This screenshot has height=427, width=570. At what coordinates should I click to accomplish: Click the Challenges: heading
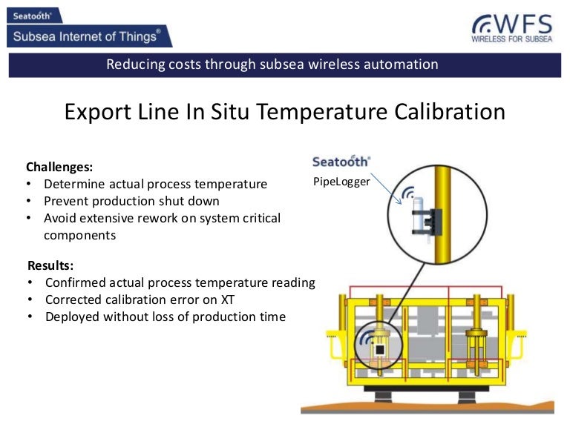coord(59,167)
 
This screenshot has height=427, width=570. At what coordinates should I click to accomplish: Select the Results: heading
coord(51,265)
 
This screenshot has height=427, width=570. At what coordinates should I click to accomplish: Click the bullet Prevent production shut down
coord(131,201)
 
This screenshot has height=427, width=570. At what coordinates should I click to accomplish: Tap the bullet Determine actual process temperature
coord(155,184)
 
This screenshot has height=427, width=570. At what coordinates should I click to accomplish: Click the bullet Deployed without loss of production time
coord(165,317)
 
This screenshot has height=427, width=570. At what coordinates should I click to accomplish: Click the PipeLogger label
coord(341,181)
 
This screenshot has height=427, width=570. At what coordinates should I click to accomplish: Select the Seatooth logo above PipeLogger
coord(341,162)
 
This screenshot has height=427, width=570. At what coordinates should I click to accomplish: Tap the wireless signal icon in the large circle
coord(408,194)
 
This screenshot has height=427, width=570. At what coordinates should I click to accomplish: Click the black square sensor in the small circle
coord(379,348)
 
